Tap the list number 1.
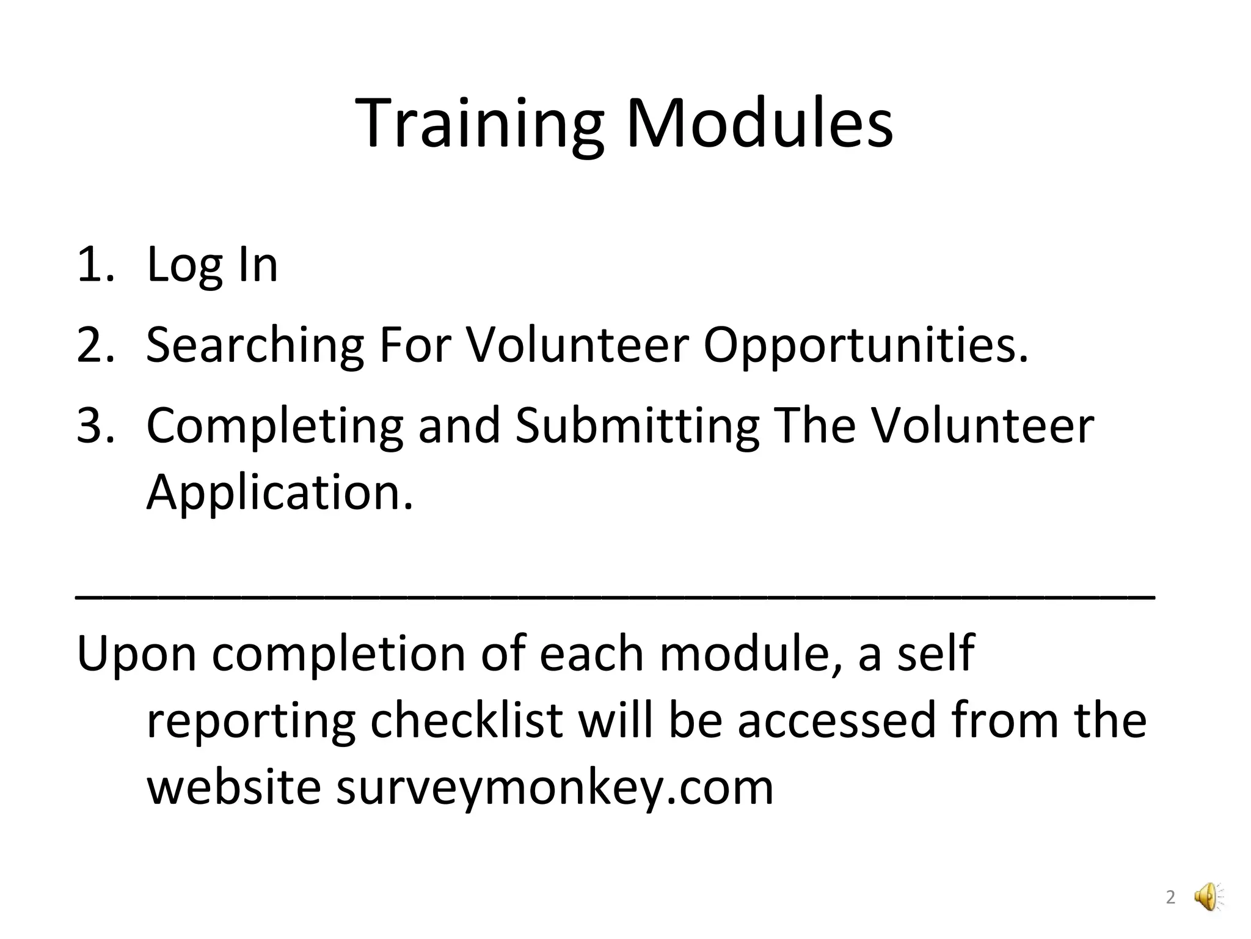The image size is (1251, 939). point(95,265)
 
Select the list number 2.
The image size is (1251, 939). point(95,345)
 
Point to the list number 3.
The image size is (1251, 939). point(95,425)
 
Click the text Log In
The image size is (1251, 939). point(212,265)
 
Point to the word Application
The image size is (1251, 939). point(280,493)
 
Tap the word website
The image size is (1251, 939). point(234,787)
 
